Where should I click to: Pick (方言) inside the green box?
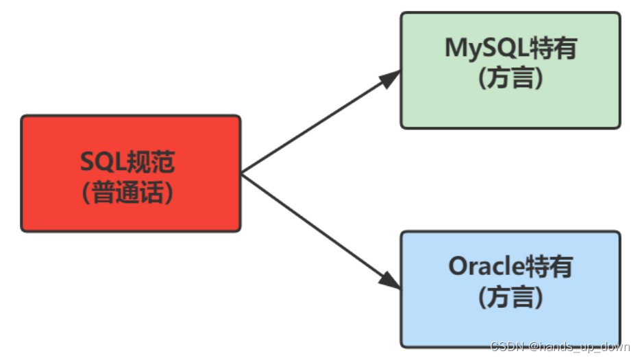(x=510, y=78)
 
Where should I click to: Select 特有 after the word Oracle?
(x=552, y=267)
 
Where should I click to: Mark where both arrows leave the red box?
(x=243, y=173)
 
